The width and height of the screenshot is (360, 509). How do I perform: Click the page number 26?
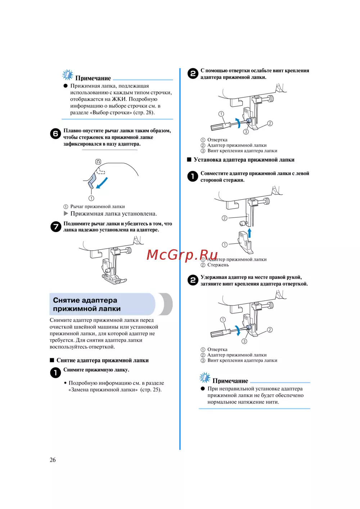point(53,460)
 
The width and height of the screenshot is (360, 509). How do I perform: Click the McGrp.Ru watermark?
point(182,255)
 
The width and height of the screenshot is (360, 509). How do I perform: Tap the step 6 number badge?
point(55,133)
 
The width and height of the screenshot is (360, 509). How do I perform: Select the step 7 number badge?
point(55,227)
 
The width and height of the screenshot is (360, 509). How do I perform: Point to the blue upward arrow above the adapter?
point(249,232)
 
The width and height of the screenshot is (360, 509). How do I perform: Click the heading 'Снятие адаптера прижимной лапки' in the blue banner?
point(87,304)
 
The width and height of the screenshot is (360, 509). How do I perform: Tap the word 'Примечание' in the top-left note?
point(93,78)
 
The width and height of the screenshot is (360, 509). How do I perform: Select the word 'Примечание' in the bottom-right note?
point(230,381)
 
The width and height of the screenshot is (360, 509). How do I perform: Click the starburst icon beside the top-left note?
point(67,75)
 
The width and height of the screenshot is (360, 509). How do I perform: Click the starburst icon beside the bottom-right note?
point(205,378)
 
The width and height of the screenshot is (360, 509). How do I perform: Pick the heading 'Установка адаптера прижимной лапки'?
point(244,160)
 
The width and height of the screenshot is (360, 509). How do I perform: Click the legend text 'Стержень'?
point(218,265)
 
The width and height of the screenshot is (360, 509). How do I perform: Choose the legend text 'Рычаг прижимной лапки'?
point(98,206)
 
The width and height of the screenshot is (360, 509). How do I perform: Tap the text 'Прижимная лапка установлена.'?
point(113,214)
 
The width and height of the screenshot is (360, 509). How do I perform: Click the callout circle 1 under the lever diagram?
point(91,198)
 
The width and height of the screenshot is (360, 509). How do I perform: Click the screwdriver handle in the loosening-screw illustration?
point(219,127)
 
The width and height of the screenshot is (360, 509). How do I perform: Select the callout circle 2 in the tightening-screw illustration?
point(270,330)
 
